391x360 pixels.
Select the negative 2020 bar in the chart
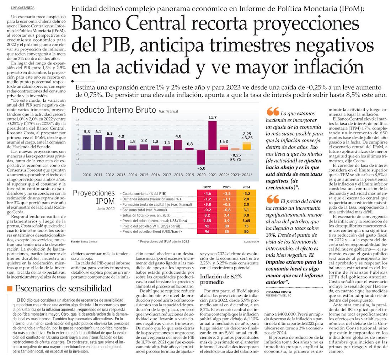(x=200, y=157)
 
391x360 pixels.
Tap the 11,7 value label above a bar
(x=213, y=117)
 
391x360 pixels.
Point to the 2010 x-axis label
(x=86, y=175)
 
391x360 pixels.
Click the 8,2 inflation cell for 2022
(x=207, y=215)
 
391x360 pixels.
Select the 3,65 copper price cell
(x=246, y=221)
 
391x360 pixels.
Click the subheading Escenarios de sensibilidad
(x=63, y=288)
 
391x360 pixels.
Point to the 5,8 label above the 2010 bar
(x=86, y=132)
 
